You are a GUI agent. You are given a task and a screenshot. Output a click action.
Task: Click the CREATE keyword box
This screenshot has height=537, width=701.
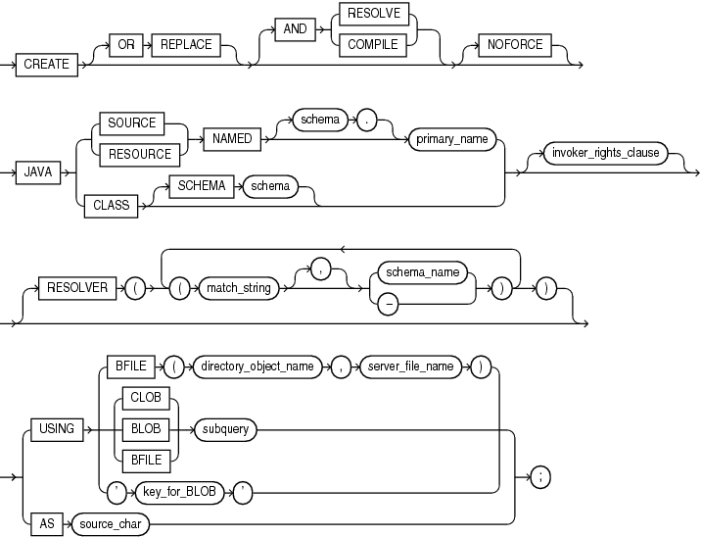47,64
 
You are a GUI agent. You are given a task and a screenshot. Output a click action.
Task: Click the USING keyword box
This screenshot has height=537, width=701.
56,427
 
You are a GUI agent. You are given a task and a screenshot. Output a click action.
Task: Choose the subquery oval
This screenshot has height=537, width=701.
222,427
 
